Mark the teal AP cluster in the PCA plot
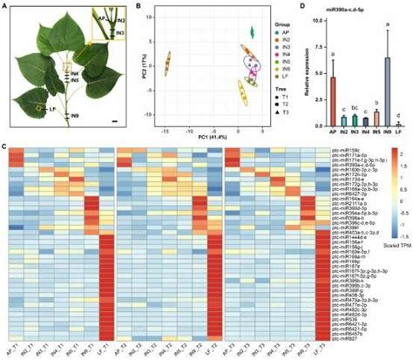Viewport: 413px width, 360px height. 251,32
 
